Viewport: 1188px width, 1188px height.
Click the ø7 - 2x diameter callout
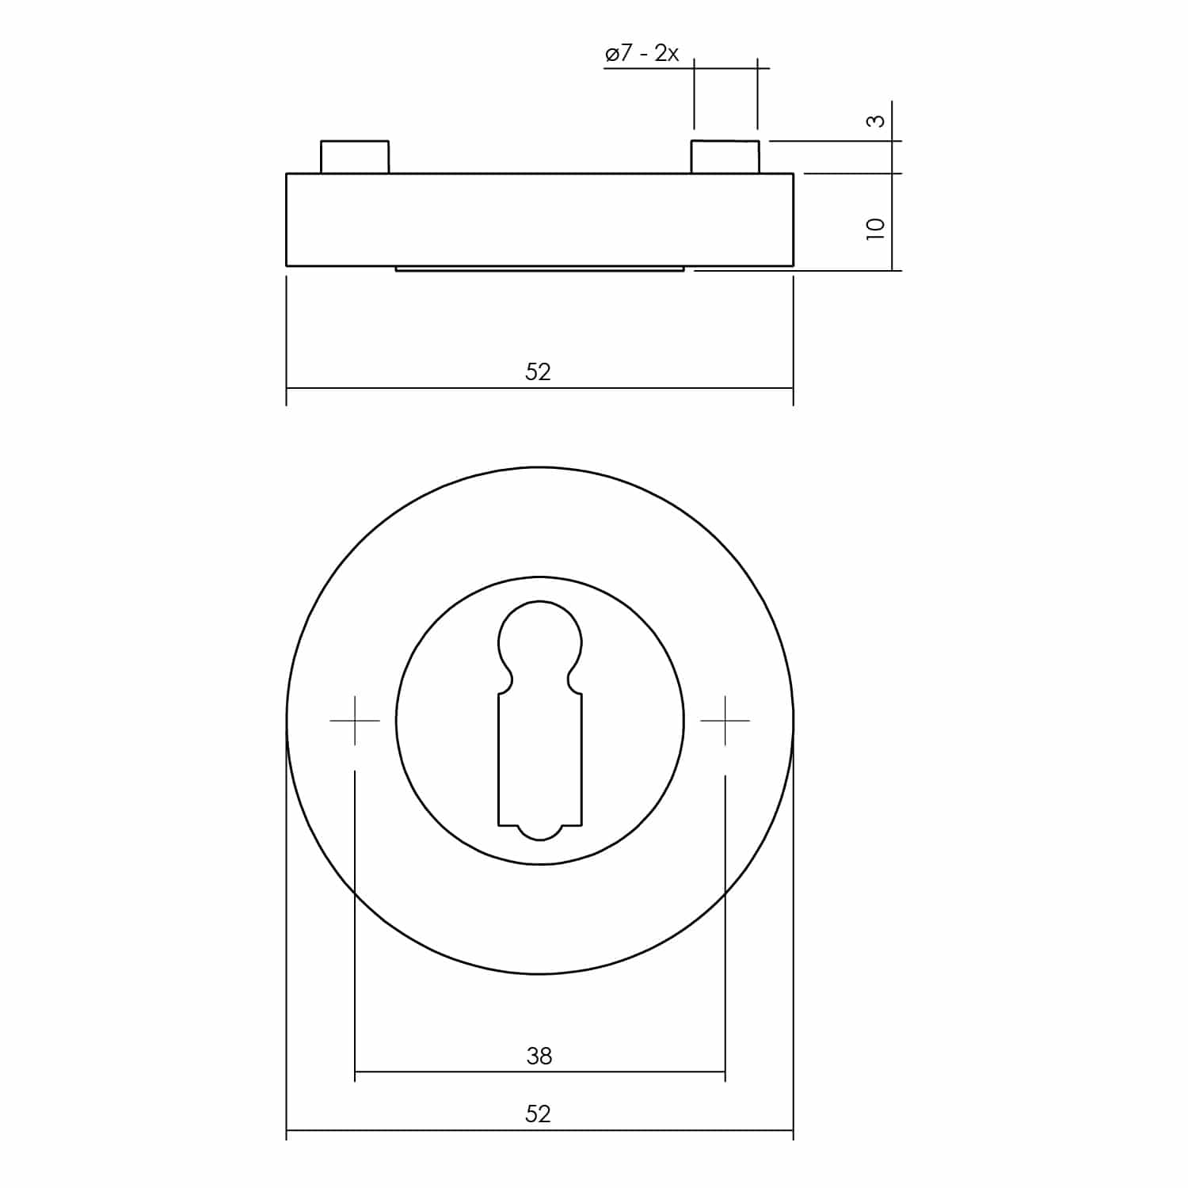[642, 54]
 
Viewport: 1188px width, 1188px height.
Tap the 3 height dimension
[875, 120]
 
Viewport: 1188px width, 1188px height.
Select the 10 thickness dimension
[875, 229]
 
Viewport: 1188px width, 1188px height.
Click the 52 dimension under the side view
[538, 371]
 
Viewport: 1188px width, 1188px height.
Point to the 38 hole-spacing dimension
[539, 1056]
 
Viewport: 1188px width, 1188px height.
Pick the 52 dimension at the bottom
[538, 1114]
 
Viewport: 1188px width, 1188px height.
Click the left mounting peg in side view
[355, 157]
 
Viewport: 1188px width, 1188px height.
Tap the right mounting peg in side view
[725, 157]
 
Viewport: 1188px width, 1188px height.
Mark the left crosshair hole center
[355, 721]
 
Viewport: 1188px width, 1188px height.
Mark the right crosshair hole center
[725, 721]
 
